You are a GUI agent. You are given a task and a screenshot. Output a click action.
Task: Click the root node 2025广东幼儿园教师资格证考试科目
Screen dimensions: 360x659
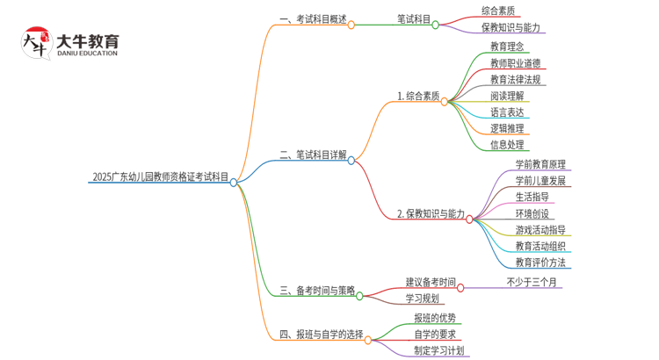pos(161,177)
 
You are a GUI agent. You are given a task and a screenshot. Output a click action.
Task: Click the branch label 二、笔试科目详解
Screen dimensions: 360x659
pos(313,155)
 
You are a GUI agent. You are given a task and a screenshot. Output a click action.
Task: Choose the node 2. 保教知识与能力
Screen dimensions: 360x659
pos(431,213)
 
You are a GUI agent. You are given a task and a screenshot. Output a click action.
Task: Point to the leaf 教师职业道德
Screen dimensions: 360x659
pos(516,62)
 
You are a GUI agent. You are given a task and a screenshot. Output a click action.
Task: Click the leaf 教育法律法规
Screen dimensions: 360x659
pos(516,79)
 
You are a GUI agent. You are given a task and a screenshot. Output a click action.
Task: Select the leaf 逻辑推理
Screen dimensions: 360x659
pos(507,128)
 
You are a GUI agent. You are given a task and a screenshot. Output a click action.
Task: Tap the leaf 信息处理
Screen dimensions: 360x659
pos(507,145)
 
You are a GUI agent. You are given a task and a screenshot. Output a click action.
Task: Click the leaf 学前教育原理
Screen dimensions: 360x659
pos(540,164)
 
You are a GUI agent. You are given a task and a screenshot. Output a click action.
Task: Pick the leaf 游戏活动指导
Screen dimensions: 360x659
pos(540,230)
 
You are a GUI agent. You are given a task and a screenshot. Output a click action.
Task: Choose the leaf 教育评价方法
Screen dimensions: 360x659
pos(540,263)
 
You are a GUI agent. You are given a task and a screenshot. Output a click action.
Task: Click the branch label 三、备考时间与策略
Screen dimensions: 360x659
pos(317,291)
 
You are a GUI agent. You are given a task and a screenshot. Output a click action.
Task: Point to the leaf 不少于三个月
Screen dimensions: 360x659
pos(532,282)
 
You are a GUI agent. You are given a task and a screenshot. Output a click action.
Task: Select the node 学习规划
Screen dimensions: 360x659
pos(422,299)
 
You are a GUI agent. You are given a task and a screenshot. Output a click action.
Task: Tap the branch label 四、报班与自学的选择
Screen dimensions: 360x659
pos(322,335)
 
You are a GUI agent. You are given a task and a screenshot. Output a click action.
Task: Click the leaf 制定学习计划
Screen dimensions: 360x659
pos(439,350)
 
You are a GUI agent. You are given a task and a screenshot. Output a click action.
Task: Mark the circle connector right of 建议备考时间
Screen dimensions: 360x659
pos(460,286)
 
